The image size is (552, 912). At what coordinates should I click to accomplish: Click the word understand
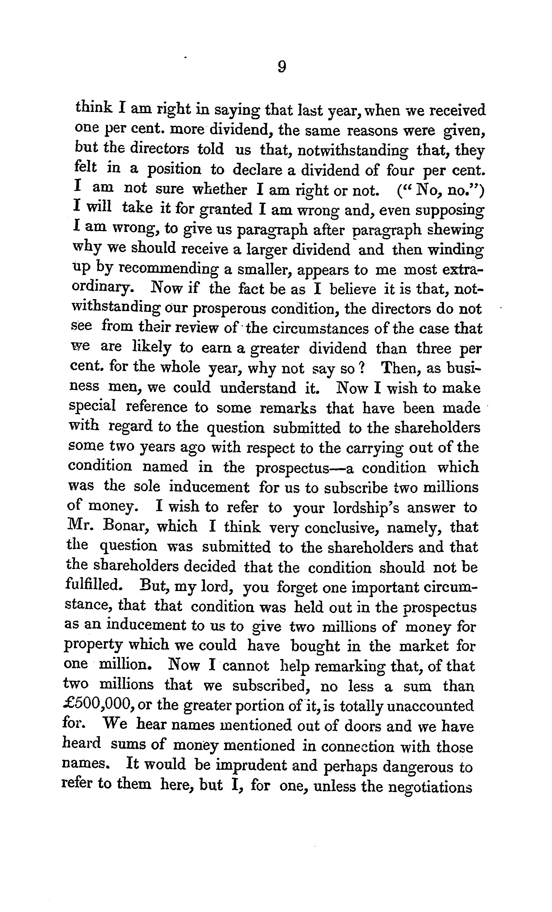258,388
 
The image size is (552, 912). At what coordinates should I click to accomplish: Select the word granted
225,209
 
